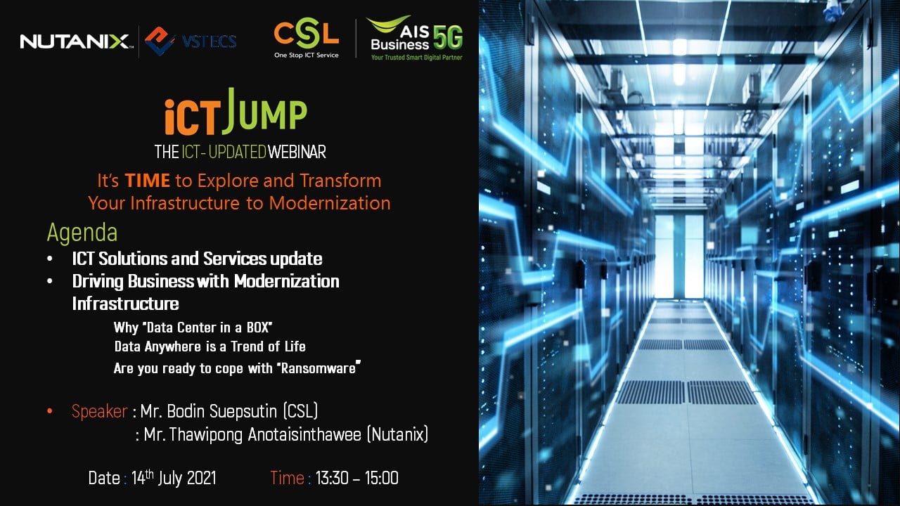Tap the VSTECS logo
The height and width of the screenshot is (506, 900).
pyautogui.click(x=191, y=41)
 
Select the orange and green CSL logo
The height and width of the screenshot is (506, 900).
pyautogui.click(x=306, y=38)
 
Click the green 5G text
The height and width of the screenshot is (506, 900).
pyautogui.click(x=448, y=38)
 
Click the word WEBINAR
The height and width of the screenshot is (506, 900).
pyautogui.click(x=297, y=153)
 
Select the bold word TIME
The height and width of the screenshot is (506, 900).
pyautogui.click(x=147, y=181)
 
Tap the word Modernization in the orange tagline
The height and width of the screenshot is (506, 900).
pyautogui.click(x=330, y=203)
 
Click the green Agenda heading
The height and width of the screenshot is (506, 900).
pyautogui.click(x=82, y=233)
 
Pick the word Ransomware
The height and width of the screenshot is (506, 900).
pyautogui.click(x=319, y=368)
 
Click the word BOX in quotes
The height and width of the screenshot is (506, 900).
pyautogui.click(x=257, y=327)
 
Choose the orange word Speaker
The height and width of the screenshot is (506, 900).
pyautogui.click(x=100, y=412)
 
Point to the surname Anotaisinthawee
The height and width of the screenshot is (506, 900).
pyautogui.click(x=304, y=434)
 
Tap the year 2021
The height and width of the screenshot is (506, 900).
pyautogui.click(x=202, y=478)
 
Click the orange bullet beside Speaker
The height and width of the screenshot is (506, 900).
pyautogui.click(x=50, y=411)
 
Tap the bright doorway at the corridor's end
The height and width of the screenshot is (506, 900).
pyautogui.click(x=679, y=257)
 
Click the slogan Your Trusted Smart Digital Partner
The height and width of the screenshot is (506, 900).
pyautogui.click(x=417, y=58)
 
